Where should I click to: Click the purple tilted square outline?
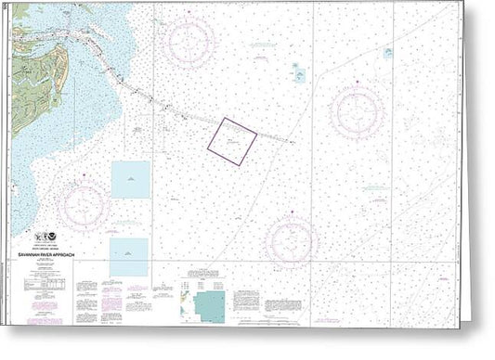pos(232,141)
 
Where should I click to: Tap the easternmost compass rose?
pos(358,113)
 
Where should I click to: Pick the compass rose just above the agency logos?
pos(84,205)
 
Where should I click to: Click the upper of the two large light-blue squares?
pos(130,179)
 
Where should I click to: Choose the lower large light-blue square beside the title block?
pos(128,257)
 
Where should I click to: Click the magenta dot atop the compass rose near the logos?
pos(84,174)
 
